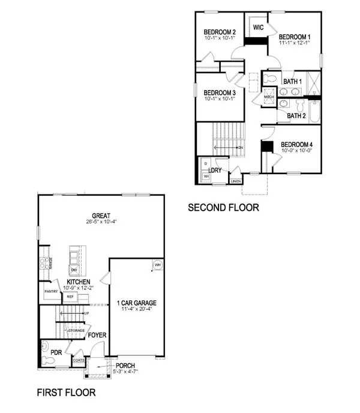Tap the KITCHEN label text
pyautogui.click(x=79, y=282)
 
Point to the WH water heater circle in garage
pyautogui.click(x=157, y=265)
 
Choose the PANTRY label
pyautogui.click(x=50, y=291)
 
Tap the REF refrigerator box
pyautogui.click(x=70, y=297)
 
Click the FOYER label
pyautogui.click(x=97, y=336)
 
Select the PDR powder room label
pyautogui.click(x=57, y=352)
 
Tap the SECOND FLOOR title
pyautogui.click(x=223, y=208)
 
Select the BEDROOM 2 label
pyautogui.click(x=219, y=32)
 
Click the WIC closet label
pyautogui.click(x=259, y=28)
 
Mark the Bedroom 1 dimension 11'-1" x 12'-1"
pyautogui.click(x=298, y=43)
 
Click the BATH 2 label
pyautogui.click(x=297, y=115)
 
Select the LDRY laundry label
pyautogui.click(x=215, y=170)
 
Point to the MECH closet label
pyautogui.click(x=269, y=97)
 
